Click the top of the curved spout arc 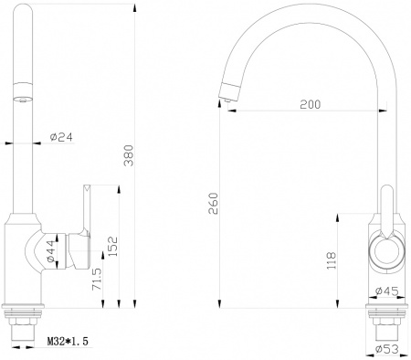301,13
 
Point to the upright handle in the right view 386,206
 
